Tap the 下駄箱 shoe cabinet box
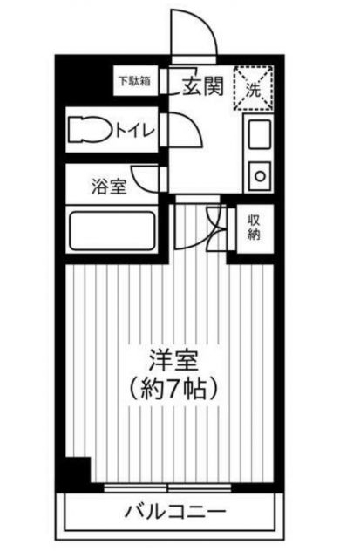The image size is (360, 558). click(135, 81)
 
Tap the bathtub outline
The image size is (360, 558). click(111, 229)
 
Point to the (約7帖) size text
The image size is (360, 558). click(171, 385)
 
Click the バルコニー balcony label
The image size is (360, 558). click(174, 511)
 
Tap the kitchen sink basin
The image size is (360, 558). click(260, 135)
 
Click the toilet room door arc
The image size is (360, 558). click(188, 133)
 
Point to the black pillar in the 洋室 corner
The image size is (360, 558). click(78, 471)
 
